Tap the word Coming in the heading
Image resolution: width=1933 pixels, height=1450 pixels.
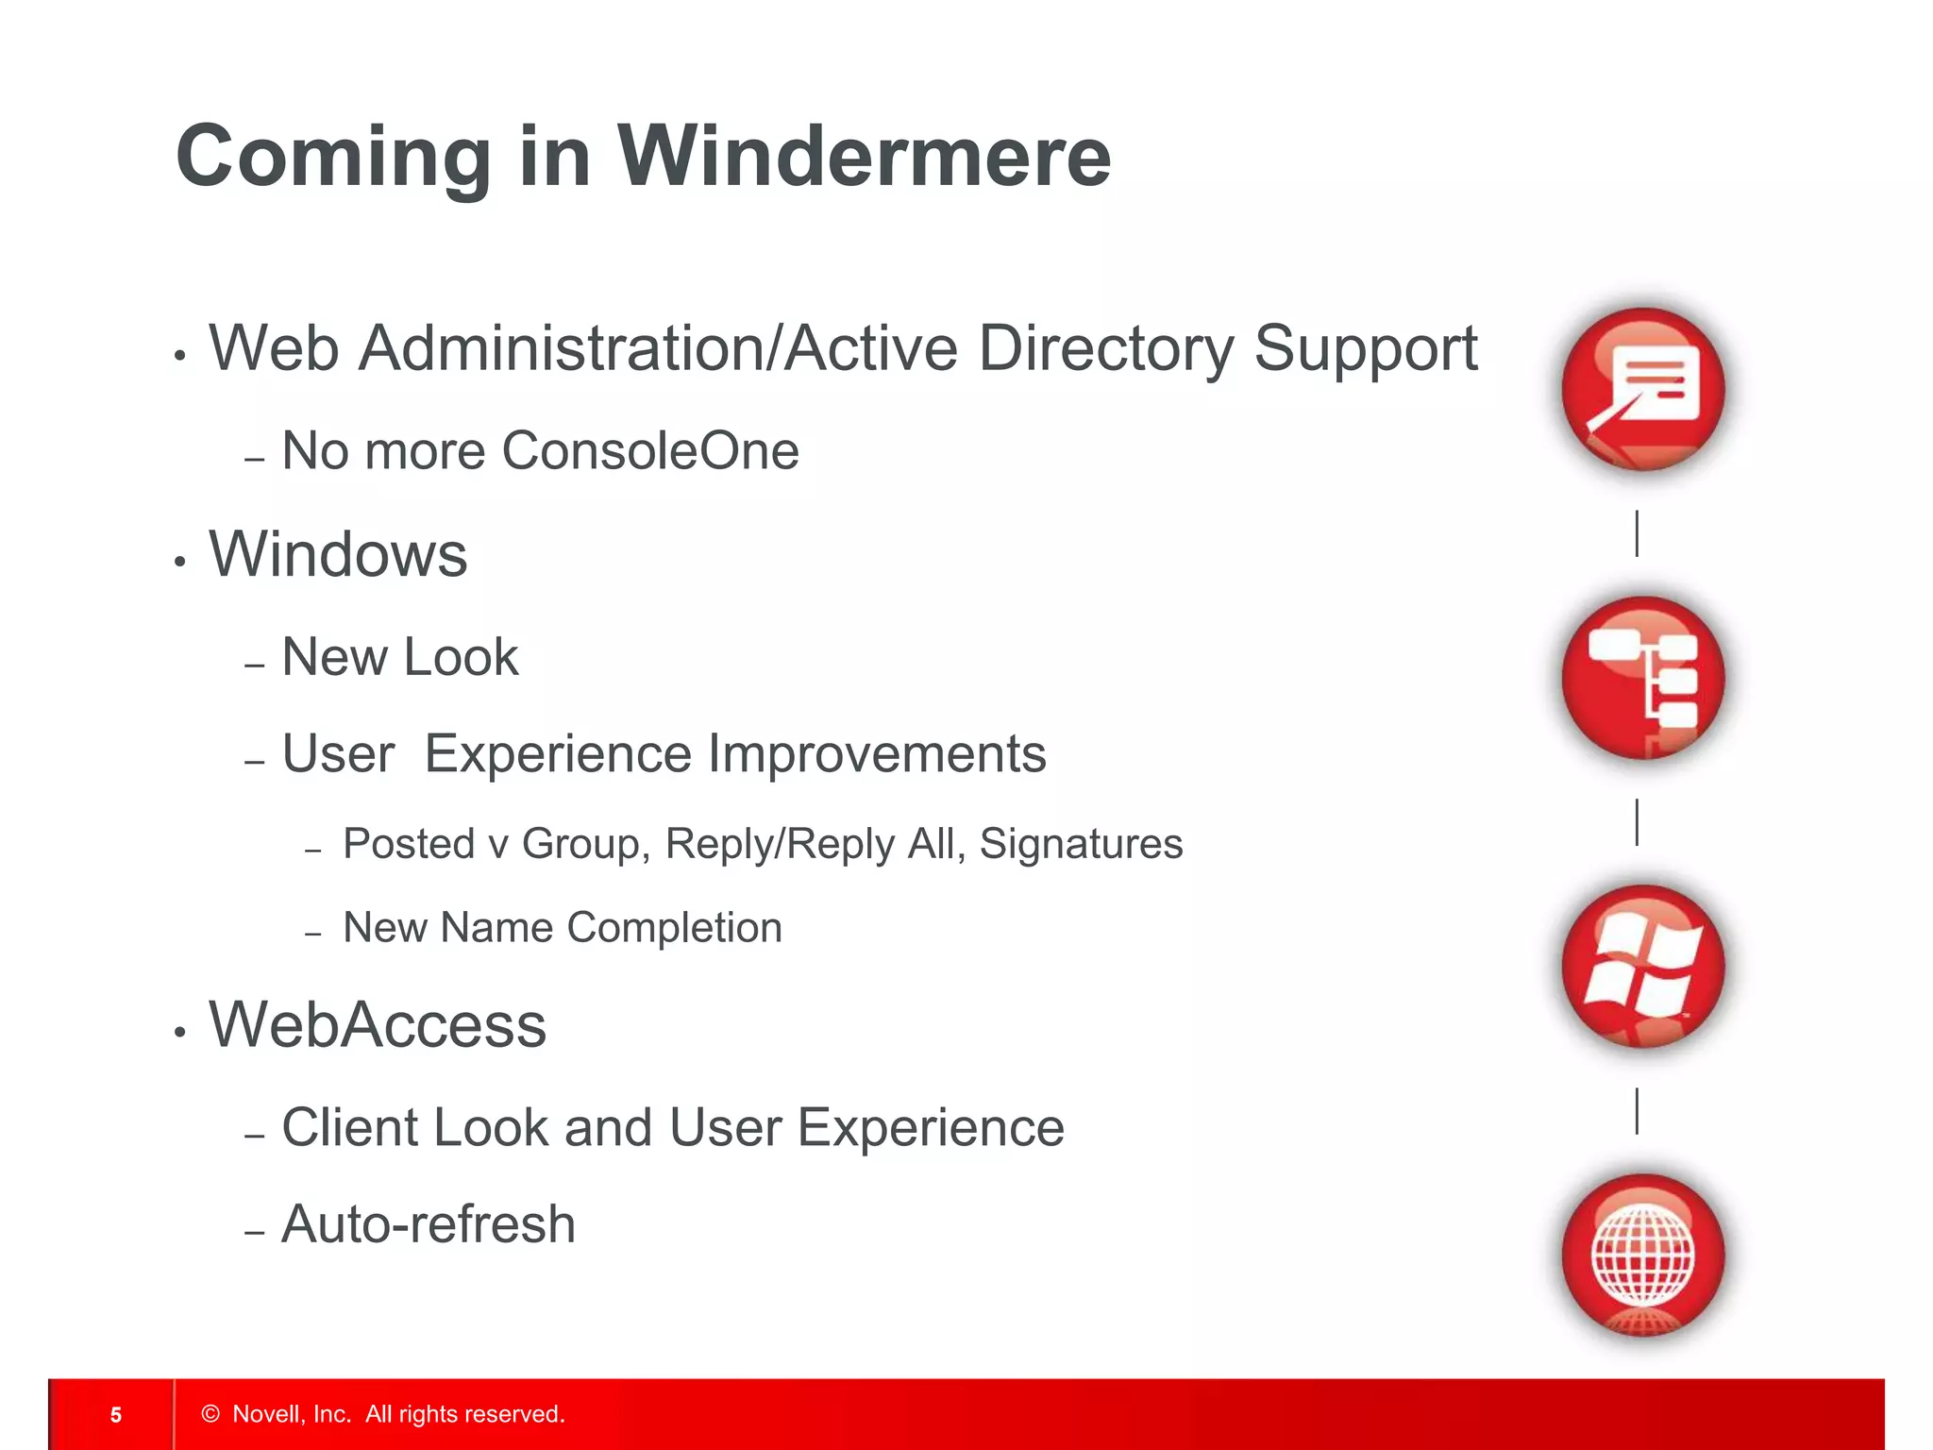(332, 157)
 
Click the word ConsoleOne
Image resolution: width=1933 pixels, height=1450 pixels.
(649, 450)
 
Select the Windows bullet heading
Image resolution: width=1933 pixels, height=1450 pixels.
(338, 554)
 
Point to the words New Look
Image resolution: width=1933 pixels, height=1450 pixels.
(400, 657)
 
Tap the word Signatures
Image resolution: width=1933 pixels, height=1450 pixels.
(1081, 844)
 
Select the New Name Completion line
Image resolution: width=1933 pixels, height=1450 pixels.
(563, 928)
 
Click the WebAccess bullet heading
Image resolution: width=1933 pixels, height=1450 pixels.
(378, 1025)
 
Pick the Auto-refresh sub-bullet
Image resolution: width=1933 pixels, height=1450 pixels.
(429, 1224)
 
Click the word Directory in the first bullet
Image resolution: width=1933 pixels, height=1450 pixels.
(1105, 349)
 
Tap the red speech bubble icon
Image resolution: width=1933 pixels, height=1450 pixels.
(1642, 389)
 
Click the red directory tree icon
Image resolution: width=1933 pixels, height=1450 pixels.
(1642, 678)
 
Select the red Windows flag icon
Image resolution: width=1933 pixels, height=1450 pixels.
(1642, 967)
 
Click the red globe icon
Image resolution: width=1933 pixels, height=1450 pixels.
(1642, 1256)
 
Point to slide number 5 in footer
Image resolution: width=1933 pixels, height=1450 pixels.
(116, 1414)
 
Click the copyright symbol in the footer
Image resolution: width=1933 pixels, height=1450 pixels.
(210, 1414)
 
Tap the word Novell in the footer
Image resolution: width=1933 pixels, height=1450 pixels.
(267, 1414)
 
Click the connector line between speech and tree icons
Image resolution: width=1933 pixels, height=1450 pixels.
(1637, 533)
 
